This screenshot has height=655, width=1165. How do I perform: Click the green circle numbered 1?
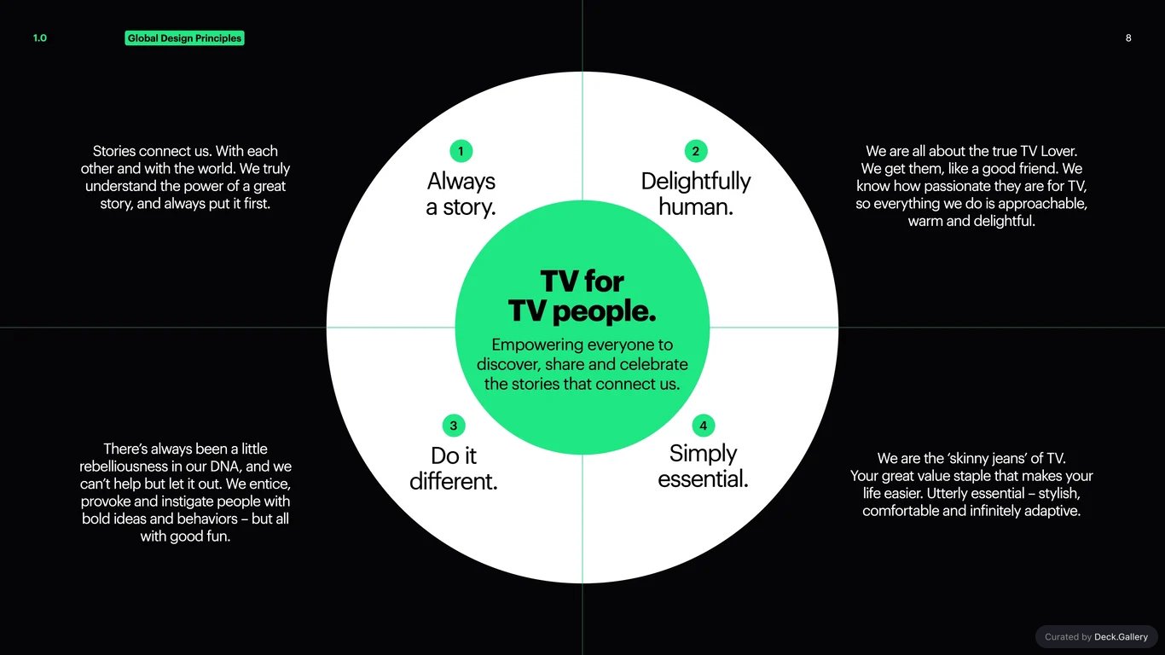pos(461,152)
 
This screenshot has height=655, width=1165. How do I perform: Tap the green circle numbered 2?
pos(696,152)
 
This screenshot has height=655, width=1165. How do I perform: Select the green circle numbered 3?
pos(454,426)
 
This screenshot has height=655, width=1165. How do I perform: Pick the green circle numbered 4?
pos(703,426)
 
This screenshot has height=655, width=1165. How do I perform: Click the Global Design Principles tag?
pos(184,38)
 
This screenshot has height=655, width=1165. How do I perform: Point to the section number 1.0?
pos(40,38)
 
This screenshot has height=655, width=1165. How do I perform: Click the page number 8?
pos(1128,38)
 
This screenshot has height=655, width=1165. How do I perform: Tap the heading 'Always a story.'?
pos(461,194)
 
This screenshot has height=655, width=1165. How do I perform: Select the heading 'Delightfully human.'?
pos(696,194)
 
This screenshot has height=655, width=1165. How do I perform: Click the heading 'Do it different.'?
pos(454,468)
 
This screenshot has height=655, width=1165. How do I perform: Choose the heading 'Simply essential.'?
pos(703,467)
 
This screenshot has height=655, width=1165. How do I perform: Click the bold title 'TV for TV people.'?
pos(582,297)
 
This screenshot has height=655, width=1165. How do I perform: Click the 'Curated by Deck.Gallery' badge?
pos(1097,637)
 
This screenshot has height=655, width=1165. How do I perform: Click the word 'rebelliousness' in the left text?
pos(124,467)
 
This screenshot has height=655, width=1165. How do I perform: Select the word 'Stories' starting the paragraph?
pos(114,152)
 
